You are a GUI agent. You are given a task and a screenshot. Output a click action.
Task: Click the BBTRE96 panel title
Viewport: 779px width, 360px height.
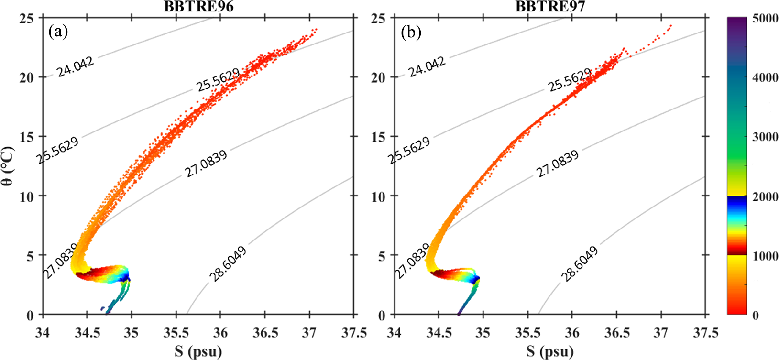coord(198,7)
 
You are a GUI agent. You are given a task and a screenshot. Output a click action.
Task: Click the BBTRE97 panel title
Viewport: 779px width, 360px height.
coord(550,7)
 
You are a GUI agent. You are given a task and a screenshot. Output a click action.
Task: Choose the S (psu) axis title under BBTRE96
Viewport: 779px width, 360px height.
coord(198,351)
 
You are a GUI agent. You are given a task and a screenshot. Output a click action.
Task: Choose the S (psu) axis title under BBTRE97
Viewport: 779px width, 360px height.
coord(549,351)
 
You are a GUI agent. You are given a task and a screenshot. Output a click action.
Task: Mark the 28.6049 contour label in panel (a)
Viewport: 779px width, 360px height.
coord(228,264)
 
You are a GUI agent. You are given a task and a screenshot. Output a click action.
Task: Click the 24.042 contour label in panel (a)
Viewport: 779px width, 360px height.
coord(75,66)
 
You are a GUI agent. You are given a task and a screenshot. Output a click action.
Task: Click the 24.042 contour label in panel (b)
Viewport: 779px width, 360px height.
coord(427,66)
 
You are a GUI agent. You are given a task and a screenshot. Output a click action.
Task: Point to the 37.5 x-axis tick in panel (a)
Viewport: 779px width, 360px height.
coord(354,332)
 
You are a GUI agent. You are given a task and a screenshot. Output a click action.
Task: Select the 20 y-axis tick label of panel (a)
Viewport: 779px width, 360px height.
coord(27,77)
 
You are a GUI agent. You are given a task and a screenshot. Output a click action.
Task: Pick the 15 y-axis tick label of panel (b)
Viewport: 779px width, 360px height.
coord(378,137)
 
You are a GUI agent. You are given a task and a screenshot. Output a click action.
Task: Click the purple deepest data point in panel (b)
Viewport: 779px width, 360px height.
coord(459,314)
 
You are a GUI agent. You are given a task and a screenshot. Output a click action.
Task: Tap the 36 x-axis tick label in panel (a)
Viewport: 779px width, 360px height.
coord(220,332)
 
